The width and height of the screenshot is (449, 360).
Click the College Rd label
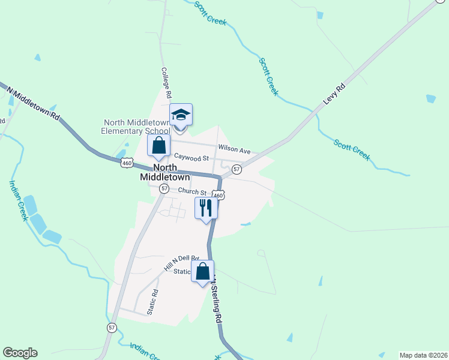tap(166, 82)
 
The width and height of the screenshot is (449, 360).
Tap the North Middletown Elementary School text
tap(136, 127)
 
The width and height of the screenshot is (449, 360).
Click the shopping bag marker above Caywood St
tap(158, 146)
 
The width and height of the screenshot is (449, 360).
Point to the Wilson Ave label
tap(234, 148)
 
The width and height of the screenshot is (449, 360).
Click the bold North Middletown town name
tap(164, 172)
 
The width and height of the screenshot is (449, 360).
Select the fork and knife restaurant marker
tap(206, 208)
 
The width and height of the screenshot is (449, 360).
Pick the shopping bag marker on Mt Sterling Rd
tap(202, 271)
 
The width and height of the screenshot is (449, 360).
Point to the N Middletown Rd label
tap(34, 102)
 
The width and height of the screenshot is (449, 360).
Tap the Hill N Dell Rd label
tap(181, 262)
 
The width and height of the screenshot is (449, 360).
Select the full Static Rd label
tap(154, 302)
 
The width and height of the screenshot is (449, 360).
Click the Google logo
tap(20, 353)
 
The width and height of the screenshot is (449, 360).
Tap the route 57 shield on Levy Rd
tap(237, 170)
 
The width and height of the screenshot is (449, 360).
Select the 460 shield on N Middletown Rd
tap(126, 163)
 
